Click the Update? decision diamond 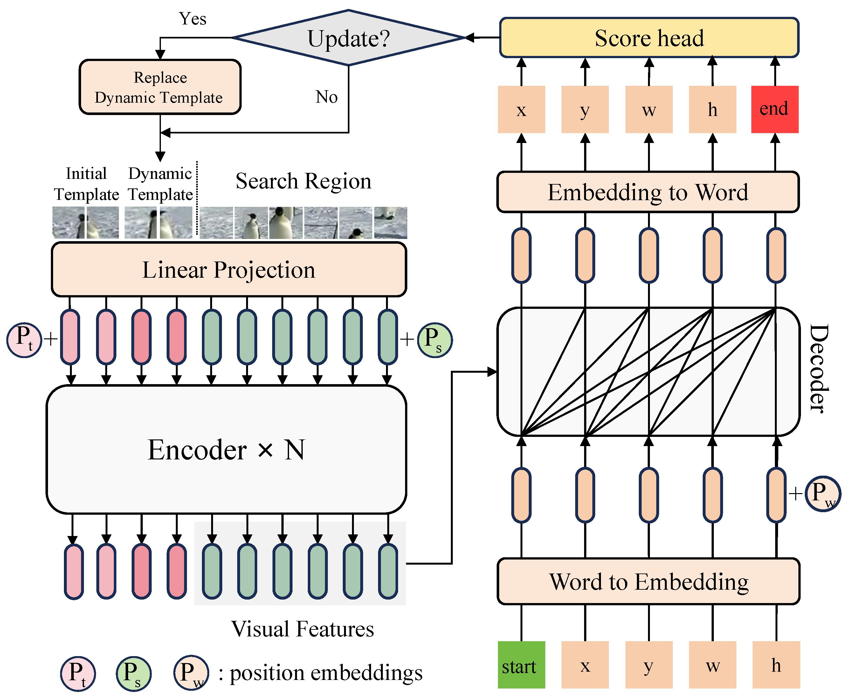348,38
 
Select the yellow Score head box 649,38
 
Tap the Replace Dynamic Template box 160,87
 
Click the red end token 774,109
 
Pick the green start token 521,665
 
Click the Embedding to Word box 648,192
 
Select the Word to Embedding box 649,581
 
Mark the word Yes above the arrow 193,19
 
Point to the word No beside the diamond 326,97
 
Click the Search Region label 303,181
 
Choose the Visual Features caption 302,628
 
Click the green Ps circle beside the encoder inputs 434,339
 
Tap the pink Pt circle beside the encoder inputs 24,339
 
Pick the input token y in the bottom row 649,665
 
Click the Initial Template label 86,184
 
